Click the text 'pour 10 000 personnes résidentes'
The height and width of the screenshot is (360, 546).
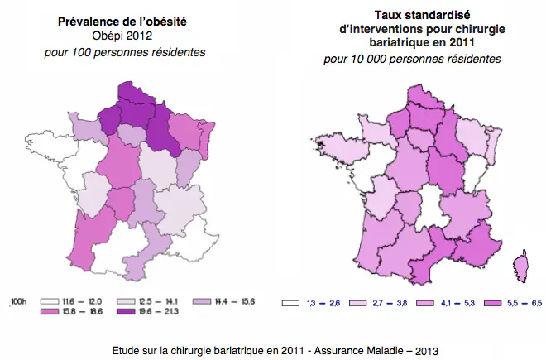coord(412,59)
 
